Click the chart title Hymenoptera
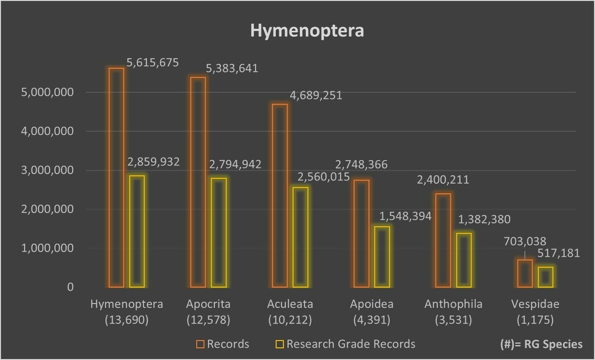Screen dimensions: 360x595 pos(307,31)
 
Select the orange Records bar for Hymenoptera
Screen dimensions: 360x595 pos(116,177)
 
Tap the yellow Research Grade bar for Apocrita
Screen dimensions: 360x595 pos(218,232)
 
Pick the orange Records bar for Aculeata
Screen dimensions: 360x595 pos(280,195)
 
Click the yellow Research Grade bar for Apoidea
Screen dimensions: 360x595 pos(382,257)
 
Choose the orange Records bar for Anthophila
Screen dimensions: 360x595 pos(443,240)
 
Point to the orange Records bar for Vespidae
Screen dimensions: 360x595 pos(525,273)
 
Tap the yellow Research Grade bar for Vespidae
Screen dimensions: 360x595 pos(546,276)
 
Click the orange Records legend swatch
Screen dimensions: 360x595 pos(200,344)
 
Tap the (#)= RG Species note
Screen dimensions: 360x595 pos(540,344)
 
